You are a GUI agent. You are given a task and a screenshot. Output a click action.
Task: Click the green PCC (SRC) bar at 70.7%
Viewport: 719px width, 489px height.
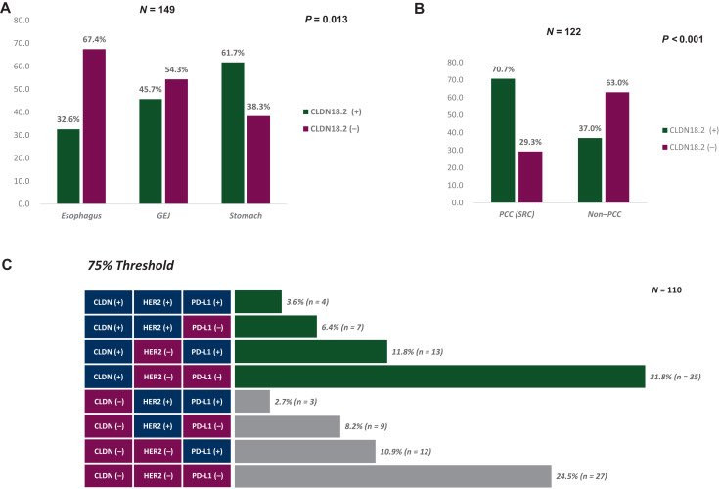coord(503,141)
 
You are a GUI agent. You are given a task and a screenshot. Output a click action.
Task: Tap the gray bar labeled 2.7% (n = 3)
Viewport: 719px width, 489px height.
coord(252,401)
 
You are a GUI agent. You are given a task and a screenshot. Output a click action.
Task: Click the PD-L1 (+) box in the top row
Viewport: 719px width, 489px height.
coord(207,301)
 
